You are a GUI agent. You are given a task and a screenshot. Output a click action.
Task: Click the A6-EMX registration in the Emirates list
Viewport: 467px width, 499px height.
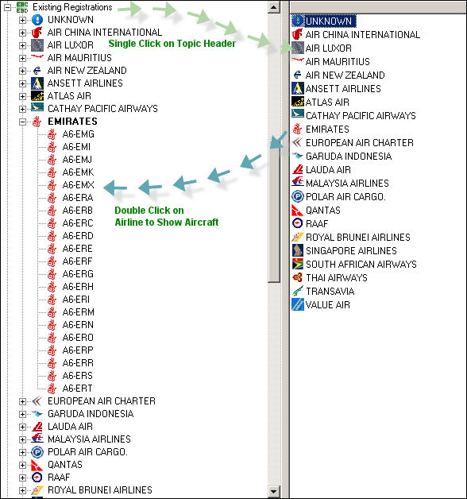point(78,185)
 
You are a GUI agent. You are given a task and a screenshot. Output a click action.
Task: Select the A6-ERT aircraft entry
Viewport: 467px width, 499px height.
point(77,389)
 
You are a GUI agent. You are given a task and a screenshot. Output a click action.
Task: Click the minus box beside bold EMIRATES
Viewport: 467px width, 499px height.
point(22,122)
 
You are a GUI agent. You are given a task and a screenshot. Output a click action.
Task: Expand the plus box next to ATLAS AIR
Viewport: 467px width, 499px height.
point(22,96)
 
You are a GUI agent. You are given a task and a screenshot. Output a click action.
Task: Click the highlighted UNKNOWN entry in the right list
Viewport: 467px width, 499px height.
point(328,21)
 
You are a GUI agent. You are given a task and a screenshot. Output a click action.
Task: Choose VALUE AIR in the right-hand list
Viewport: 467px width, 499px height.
point(328,305)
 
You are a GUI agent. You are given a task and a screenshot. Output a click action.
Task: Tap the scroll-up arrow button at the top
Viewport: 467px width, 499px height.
point(273,6)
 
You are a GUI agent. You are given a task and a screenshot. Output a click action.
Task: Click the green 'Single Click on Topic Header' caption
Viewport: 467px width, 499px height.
point(172,43)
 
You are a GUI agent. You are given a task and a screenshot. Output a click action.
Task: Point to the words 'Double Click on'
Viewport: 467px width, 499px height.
point(149,211)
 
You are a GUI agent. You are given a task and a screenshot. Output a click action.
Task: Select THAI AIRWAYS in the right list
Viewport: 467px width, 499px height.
point(337,278)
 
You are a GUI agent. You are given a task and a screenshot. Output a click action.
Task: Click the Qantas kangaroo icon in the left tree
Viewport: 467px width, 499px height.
point(37,465)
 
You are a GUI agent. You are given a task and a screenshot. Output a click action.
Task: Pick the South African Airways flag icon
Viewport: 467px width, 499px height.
point(298,264)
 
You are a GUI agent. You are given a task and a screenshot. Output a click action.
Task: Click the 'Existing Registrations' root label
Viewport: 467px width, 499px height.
point(72,7)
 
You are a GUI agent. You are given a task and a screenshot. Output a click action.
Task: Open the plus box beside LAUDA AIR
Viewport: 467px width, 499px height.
point(22,427)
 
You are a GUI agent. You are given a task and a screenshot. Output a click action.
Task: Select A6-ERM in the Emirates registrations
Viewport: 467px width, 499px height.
point(78,311)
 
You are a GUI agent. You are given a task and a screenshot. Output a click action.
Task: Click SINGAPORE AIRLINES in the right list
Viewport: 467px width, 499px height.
point(351,251)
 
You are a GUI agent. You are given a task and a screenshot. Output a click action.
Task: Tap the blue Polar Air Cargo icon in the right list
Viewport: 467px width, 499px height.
point(298,196)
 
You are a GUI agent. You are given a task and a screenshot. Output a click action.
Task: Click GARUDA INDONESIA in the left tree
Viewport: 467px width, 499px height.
point(91,414)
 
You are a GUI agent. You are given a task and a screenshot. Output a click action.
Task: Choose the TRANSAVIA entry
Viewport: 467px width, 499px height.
point(330,291)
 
